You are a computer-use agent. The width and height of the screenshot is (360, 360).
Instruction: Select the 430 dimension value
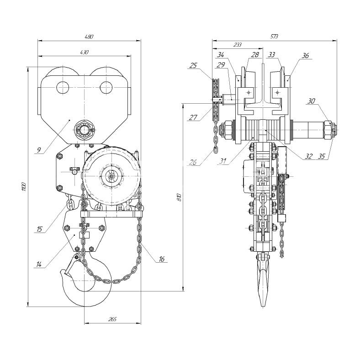[x=85, y=53]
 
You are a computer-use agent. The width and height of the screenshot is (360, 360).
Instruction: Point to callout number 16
[x=161, y=259]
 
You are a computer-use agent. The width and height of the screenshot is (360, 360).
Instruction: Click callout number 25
[x=193, y=65]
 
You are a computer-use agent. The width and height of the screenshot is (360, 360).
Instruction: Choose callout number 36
[x=305, y=56]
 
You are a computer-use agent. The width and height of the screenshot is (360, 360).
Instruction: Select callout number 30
[x=311, y=101]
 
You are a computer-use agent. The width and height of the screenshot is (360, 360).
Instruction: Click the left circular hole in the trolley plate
[x=62, y=87]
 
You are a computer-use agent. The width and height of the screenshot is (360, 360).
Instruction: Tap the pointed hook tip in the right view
[x=263, y=305]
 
